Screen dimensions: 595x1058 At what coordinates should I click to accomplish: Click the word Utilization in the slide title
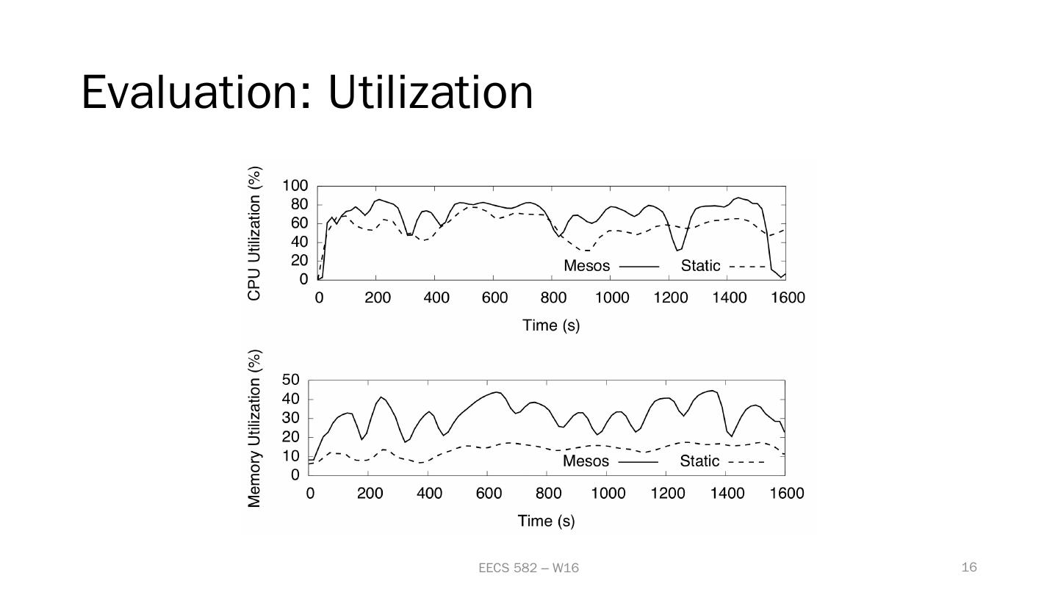coord(431,93)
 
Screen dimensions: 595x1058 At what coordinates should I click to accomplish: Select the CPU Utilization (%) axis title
coord(255,234)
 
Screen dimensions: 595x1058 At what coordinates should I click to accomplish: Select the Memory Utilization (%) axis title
coord(255,428)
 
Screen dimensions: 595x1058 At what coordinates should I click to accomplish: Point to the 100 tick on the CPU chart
coord(295,186)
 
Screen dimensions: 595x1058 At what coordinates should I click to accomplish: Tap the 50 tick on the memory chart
coord(291,380)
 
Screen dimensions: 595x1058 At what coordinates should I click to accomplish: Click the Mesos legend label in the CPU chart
coord(586,266)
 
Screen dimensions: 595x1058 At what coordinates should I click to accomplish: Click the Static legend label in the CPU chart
coord(700,266)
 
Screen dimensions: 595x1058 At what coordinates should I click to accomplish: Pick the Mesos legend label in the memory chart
coord(586,461)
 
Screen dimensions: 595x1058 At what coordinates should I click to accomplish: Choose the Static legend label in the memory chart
coord(699,461)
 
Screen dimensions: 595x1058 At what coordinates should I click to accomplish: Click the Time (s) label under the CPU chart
coord(551,325)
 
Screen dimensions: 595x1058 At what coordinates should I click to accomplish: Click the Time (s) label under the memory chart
coord(546,521)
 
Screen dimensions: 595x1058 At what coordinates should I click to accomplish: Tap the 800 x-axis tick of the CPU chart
coord(553,297)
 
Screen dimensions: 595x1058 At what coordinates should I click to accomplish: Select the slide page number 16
coord(969,566)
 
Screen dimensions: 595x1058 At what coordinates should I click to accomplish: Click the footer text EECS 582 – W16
coord(528,568)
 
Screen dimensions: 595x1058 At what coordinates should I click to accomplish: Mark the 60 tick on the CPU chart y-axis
coord(299,223)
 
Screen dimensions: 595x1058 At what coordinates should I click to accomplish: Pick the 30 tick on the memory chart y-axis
coord(291,418)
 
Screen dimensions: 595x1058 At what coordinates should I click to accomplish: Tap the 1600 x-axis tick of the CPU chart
coord(788,297)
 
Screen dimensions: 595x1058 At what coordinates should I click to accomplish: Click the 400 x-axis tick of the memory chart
coord(429,493)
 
